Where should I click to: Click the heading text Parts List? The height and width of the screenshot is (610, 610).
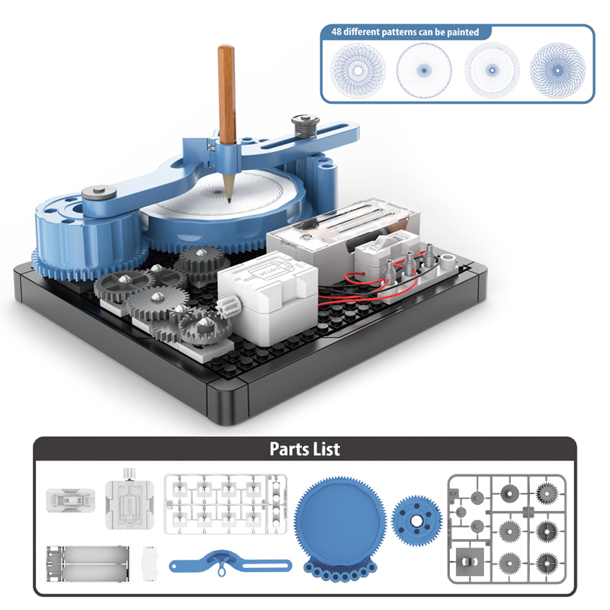pos(304,448)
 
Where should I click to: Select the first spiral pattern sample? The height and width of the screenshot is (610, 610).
pos(353,70)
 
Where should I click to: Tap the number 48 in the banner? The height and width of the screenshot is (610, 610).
pos(337,32)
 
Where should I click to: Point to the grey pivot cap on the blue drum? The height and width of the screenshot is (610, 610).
pos(97,194)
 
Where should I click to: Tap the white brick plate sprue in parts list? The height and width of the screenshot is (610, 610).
pos(221,504)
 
